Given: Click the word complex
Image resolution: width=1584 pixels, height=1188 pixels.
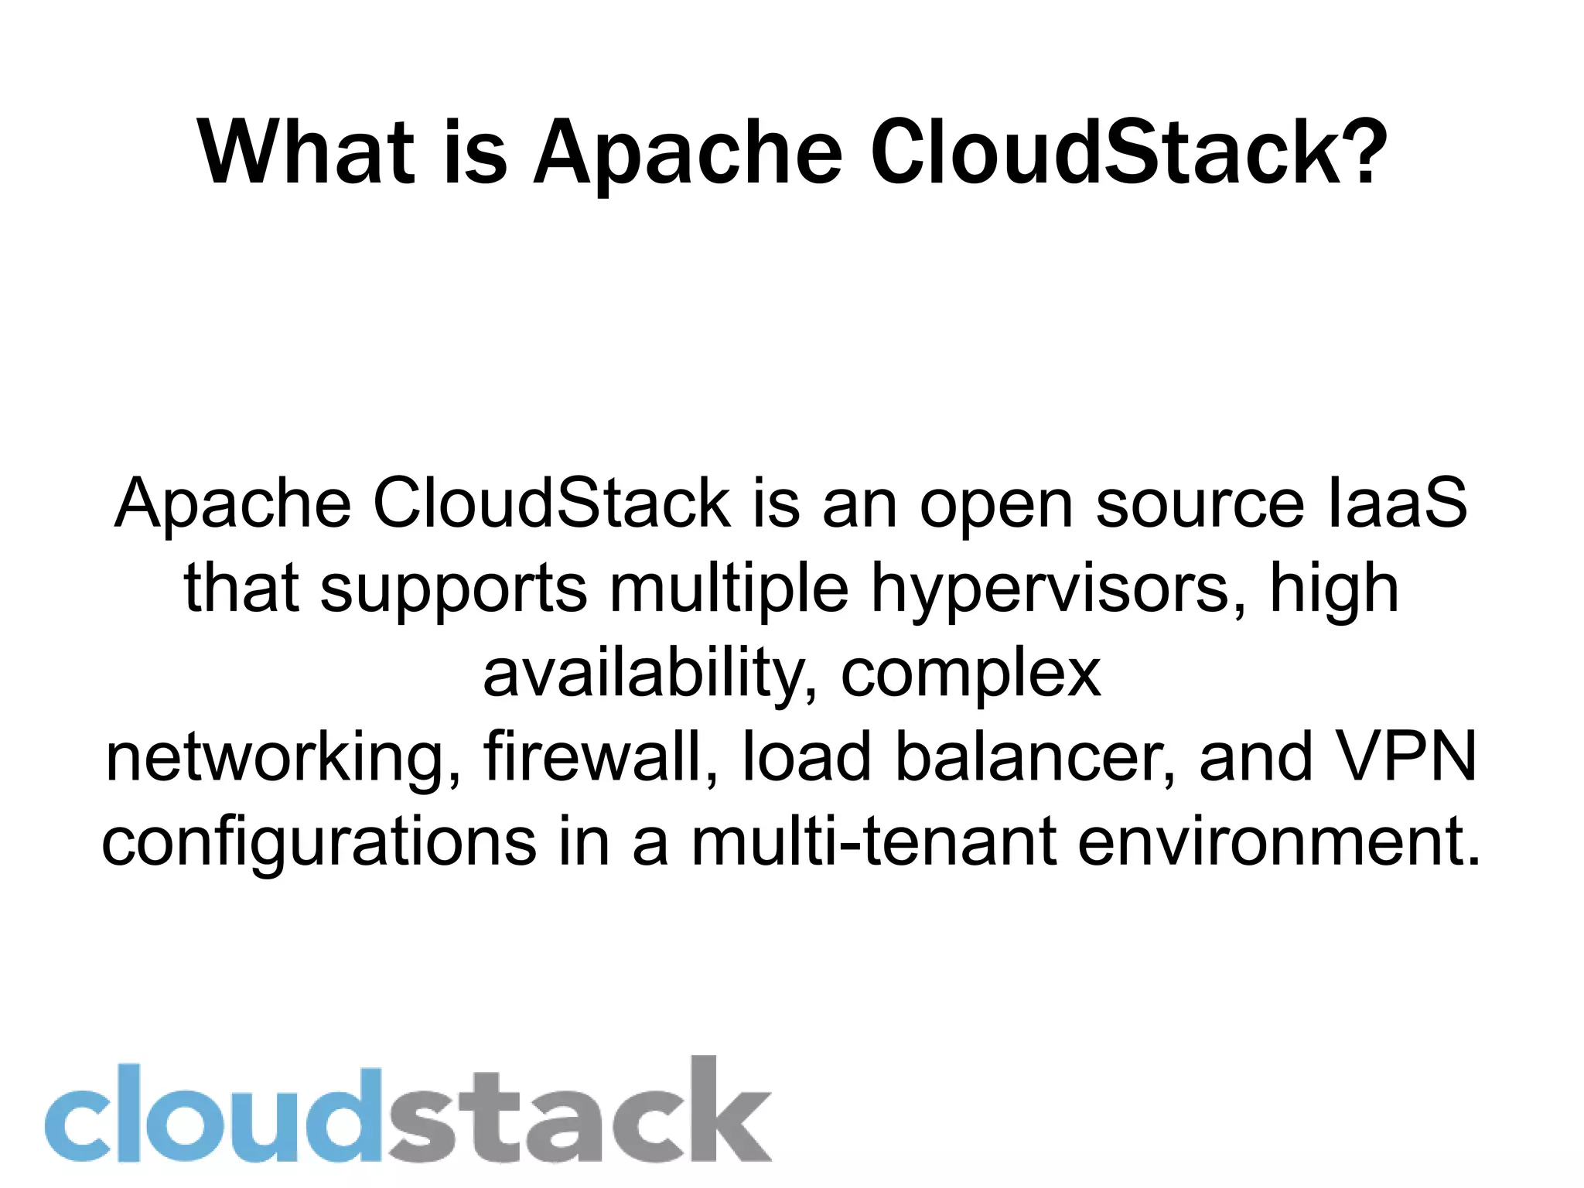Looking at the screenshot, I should tap(971, 674).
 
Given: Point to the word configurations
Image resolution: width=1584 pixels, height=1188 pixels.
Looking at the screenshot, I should tap(319, 842).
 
